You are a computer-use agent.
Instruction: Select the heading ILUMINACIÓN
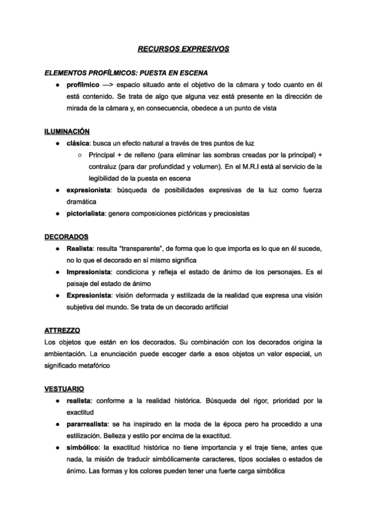[67, 131]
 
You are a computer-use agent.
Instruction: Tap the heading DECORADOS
[67, 236]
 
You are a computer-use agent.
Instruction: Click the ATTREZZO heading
[63, 330]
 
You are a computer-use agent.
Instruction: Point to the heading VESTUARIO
[64, 389]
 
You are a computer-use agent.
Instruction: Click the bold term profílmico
[83, 84]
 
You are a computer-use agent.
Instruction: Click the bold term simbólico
[84, 447]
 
